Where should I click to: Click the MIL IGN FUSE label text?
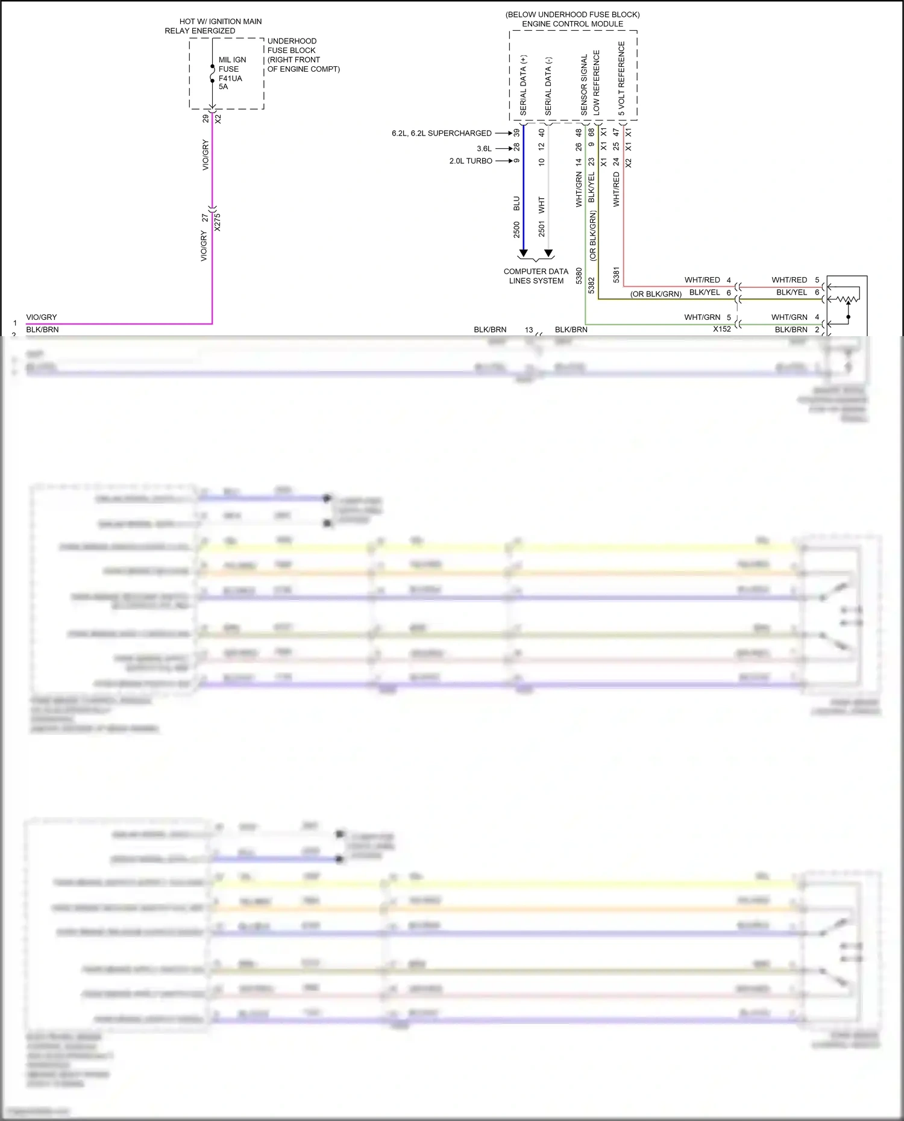231,64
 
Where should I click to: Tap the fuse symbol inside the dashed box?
212,73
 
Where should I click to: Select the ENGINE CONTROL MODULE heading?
573,24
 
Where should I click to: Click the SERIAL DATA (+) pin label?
523,85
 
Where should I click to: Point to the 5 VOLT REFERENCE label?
621,78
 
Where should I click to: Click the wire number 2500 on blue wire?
516,230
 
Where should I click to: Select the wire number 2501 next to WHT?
541,230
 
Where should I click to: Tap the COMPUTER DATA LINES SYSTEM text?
536,276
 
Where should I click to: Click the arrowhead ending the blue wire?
523,253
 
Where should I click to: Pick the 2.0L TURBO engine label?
471,161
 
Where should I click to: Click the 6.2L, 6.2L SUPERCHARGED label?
441,133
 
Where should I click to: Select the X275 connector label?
218,222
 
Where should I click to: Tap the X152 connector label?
721,329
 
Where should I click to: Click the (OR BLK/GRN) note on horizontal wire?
656,294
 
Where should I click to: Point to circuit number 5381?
616,275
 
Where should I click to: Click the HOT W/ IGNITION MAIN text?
221,21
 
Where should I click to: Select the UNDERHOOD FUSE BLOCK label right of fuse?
292,46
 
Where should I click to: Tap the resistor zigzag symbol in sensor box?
850,298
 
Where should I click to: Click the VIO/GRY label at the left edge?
42,317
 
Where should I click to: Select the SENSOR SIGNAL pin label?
583,85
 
